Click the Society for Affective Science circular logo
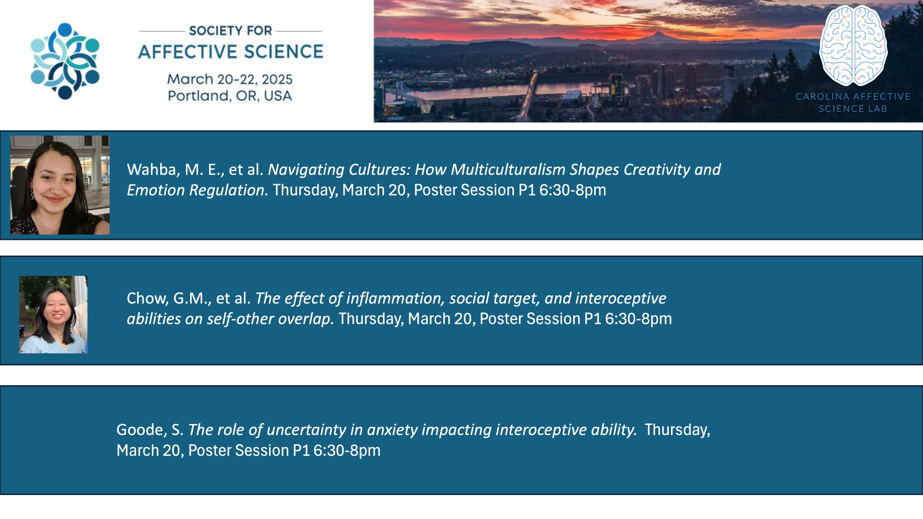pyautogui.click(x=65, y=61)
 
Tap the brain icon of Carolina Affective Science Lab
pyautogui.click(x=853, y=46)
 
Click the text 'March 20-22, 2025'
pyautogui.click(x=230, y=79)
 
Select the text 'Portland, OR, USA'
pyautogui.click(x=230, y=96)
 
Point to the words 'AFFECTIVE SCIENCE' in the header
pyautogui.click(x=231, y=52)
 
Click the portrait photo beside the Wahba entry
pyautogui.click(x=60, y=185)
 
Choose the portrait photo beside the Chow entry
pyautogui.click(x=53, y=315)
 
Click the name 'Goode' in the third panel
pyautogui.click(x=140, y=430)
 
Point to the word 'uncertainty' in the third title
pyautogui.click(x=306, y=430)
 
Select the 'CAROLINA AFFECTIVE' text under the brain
pyautogui.click(x=853, y=96)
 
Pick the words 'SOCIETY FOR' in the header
pyautogui.click(x=230, y=30)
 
